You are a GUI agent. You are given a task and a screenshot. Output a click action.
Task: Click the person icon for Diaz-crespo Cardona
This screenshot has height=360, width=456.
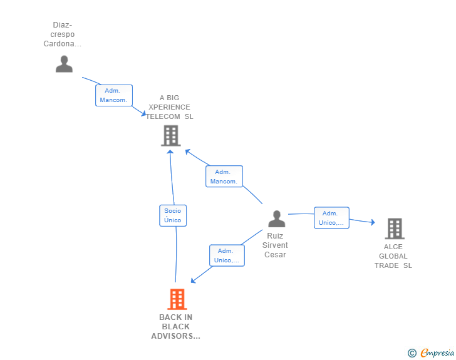click(64, 64)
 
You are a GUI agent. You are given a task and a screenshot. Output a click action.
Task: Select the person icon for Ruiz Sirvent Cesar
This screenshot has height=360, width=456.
click(276, 219)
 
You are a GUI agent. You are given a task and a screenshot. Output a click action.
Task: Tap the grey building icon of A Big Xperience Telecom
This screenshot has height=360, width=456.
click(170, 135)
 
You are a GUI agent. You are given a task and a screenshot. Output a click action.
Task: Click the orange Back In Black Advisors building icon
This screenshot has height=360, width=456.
click(177, 299)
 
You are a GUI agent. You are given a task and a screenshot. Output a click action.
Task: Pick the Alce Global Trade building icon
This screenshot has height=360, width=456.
click(394, 229)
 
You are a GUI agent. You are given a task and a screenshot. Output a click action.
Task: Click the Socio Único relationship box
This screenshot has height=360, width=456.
click(172, 215)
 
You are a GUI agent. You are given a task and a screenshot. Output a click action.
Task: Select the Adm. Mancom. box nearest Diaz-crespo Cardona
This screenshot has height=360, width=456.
click(113, 95)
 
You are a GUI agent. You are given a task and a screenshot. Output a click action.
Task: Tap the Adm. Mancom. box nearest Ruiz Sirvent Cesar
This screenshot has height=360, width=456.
click(224, 177)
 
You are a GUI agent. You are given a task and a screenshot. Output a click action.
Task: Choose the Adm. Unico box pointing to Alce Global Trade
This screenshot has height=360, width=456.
click(331, 218)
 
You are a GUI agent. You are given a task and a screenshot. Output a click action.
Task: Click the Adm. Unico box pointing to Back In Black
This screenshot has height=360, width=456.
click(226, 255)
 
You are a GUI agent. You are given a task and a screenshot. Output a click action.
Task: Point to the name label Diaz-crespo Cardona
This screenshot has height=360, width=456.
click(62, 34)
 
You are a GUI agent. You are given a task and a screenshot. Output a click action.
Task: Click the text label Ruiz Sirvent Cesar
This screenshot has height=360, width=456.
click(276, 245)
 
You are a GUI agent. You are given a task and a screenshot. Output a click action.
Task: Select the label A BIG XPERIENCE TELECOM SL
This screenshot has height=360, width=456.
click(170, 107)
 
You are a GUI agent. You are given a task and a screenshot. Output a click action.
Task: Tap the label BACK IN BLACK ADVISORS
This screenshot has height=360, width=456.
click(176, 327)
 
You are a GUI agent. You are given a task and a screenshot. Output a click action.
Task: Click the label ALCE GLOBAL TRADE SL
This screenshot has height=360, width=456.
click(393, 256)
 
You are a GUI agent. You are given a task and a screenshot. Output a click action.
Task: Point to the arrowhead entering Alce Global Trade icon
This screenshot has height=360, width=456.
click(372, 222)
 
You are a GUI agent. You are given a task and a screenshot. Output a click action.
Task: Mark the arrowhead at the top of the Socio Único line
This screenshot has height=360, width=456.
click(170, 152)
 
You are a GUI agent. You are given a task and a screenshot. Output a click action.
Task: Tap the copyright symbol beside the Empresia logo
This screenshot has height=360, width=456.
click(412, 353)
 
